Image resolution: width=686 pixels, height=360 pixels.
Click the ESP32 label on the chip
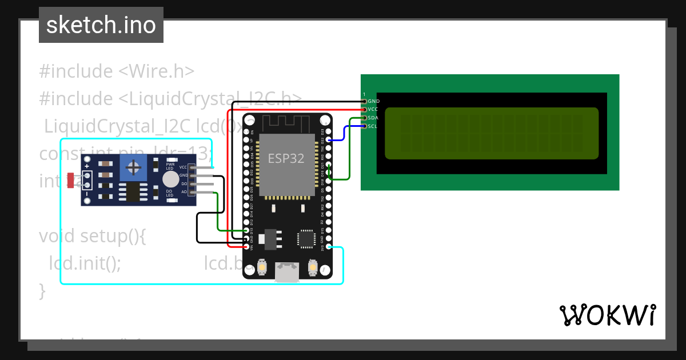point(286,158)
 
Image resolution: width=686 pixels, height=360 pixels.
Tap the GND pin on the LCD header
point(364,101)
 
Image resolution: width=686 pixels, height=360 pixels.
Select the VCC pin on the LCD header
point(364,109)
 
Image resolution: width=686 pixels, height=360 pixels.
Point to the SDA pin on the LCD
point(364,118)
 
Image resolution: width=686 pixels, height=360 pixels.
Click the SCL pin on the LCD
point(364,126)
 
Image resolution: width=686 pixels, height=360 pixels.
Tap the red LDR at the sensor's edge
point(70,181)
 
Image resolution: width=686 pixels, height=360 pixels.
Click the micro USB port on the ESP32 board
point(286,273)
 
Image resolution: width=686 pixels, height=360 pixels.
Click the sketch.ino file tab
point(101,25)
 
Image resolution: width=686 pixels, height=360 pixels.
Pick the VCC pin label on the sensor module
point(183,167)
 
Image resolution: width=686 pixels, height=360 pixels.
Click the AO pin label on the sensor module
point(184,192)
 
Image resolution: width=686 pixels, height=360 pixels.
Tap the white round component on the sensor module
point(170,180)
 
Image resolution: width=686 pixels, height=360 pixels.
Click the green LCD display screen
point(491,133)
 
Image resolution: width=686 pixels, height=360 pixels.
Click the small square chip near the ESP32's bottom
point(306,239)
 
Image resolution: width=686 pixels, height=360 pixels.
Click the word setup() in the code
point(112,236)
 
